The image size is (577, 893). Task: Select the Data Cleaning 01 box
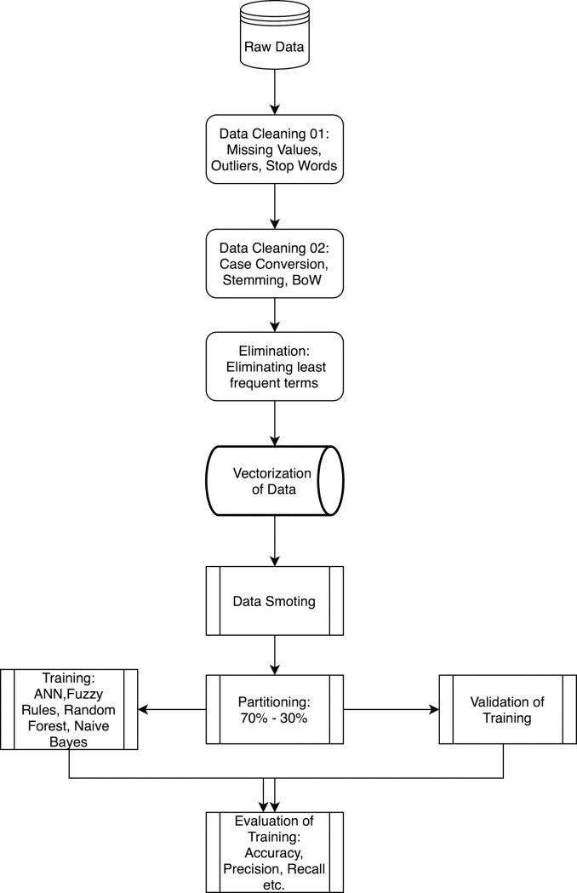point(274,150)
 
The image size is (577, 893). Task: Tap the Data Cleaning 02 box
point(274,264)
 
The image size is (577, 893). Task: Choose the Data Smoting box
point(274,601)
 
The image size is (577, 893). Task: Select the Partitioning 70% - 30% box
point(274,708)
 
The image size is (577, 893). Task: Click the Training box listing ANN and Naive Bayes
point(69,708)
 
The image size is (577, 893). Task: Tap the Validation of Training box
point(506,708)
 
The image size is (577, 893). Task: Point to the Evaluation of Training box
point(274,851)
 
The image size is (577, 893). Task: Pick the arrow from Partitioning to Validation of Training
point(391,708)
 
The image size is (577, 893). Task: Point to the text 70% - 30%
point(274,718)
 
